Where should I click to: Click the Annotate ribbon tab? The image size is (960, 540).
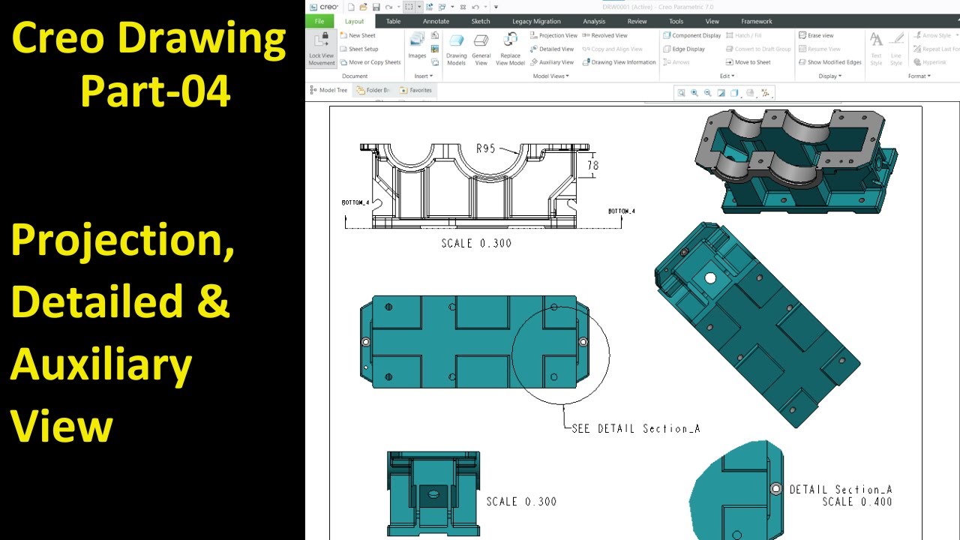(x=436, y=21)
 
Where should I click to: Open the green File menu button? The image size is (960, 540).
(x=319, y=21)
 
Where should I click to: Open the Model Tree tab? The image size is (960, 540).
(x=329, y=90)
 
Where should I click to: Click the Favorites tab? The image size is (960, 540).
(x=416, y=90)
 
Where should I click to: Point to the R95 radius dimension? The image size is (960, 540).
(x=486, y=148)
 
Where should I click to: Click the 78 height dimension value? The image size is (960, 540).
(x=592, y=165)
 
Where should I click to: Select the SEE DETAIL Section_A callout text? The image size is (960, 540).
(x=635, y=429)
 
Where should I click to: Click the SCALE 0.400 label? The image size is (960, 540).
(x=856, y=502)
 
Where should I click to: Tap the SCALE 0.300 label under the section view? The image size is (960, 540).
(x=476, y=243)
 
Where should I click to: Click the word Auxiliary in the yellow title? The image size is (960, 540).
(x=101, y=365)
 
